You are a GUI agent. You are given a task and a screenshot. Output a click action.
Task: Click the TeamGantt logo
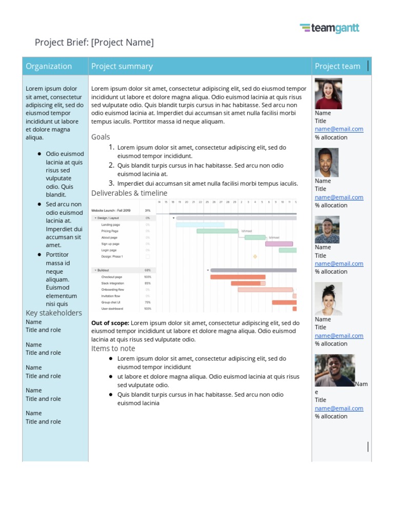pos(329,29)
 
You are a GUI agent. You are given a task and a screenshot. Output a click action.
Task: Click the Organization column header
pos(49,66)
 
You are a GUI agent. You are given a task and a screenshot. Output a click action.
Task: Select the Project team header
pos(337,66)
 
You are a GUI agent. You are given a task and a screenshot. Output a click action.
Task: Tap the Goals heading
pos(101,137)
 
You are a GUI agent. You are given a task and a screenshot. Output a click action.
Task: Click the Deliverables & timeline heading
pos(129,193)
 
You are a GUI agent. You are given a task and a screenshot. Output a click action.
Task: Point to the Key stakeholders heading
pos(53,313)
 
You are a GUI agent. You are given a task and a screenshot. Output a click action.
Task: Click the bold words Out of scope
pos(110,323)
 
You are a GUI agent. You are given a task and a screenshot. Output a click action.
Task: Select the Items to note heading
pos(113,349)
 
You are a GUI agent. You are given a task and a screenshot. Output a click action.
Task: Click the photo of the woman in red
pos(328,93)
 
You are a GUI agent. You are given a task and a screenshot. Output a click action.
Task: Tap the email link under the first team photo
pos(339,129)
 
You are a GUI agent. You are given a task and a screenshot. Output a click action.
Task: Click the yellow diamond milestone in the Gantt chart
pos(255,256)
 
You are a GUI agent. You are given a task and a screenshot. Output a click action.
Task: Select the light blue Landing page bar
pos(200,225)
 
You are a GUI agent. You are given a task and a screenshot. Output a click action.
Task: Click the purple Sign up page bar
pos(279,244)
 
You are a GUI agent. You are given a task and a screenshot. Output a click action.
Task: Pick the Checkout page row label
pos(111,277)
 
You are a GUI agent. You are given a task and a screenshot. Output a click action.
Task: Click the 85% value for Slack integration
pos(148,283)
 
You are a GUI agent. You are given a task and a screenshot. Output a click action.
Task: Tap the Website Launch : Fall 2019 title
pos(111,211)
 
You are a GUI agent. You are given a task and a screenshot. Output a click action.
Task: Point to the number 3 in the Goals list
pos(111,183)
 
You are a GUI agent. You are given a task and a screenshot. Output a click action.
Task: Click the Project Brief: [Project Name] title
pos(94,43)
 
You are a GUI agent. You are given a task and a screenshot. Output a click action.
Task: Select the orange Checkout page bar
pos(238,277)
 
